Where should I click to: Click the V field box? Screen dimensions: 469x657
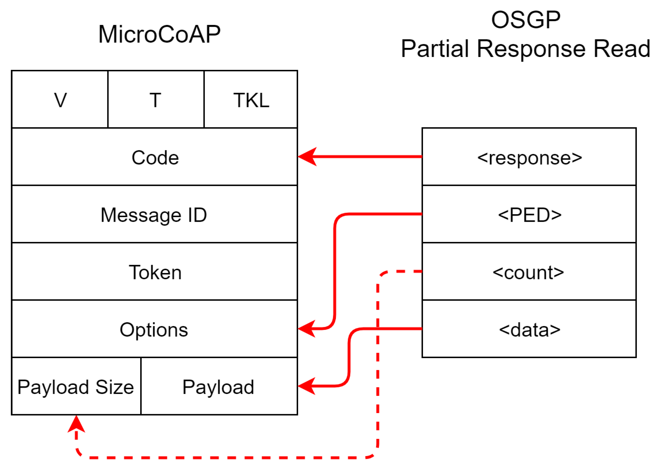point(60,99)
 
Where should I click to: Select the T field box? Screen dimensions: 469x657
point(156,99)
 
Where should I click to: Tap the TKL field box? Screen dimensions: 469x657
point(251,99)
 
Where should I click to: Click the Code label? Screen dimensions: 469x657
point(155,157)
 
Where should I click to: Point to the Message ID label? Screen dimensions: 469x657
point(154,215)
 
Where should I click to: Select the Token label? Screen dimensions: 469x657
point(155,272)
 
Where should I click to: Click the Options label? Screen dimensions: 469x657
point(154,330)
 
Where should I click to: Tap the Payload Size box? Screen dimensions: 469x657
point(76,387)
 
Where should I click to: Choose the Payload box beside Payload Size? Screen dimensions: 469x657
point(219,387)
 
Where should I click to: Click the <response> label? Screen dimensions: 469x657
point(529,157)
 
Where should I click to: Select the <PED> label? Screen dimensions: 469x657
point(529,215)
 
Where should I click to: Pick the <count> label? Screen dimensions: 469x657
point(528,272)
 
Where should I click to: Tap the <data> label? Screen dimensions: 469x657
point(529,330)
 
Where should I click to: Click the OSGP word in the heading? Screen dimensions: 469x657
point(526,20)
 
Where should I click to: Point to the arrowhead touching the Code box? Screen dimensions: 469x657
point(307,157)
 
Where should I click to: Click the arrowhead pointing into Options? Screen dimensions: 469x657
point(306,329)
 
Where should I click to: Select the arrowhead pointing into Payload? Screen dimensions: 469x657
point(306,386)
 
